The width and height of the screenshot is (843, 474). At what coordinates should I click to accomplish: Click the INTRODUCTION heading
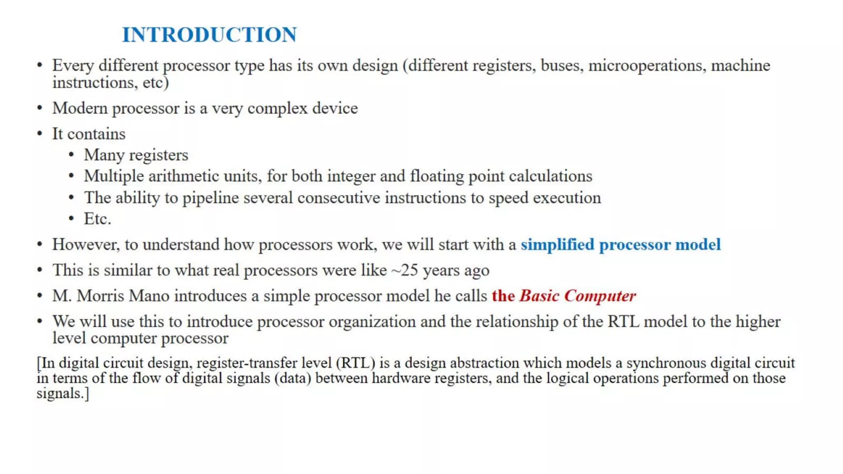click(x=209, y=35)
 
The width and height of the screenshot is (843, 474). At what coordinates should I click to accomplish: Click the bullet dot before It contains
click(x=40, y=134)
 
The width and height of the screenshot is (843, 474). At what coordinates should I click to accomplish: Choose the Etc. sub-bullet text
click(x=98, y=219)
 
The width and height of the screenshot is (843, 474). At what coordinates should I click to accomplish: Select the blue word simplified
click(x=557, y=245)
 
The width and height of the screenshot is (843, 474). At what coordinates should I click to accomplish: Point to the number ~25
click(x=405, y=270)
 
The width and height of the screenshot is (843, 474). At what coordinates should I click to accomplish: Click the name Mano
click(x=149, y=296)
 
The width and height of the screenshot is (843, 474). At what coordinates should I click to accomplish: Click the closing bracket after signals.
click(x=87, y=394)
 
